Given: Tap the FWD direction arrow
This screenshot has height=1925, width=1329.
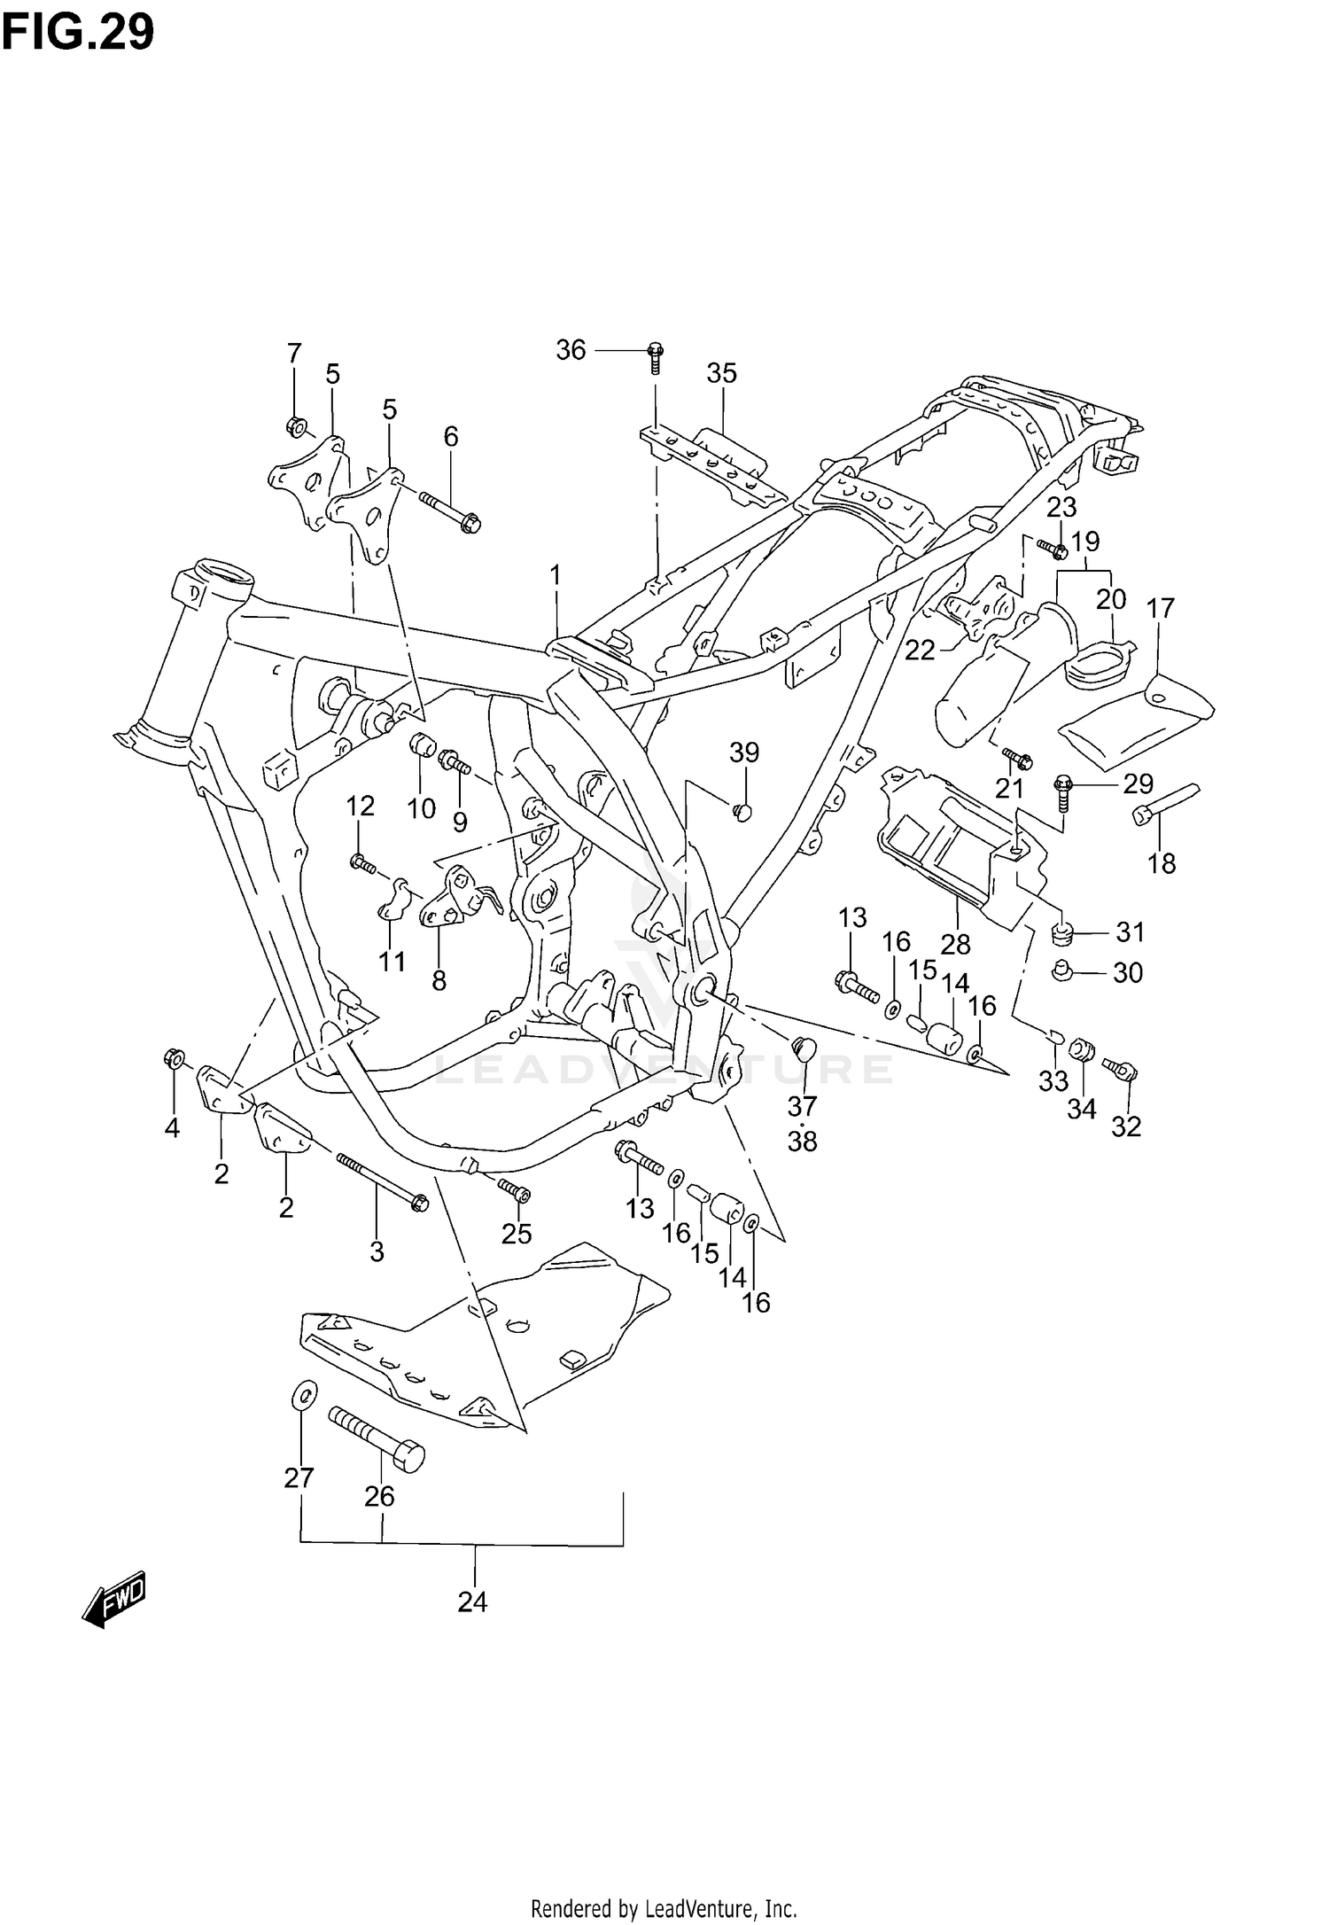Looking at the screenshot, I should point(113,1600).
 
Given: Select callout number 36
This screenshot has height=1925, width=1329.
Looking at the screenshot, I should point(571,350).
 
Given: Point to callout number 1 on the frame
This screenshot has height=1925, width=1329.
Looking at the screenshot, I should point(555,576).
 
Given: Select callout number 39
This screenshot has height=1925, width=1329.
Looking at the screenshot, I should point(744,752).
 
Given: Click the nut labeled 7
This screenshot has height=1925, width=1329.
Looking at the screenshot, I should point(296,428).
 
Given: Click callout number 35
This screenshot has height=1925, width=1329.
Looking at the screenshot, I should point(721,373).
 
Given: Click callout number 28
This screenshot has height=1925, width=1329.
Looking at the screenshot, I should point(956,944).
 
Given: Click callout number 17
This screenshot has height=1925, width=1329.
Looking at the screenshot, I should point(1160,609).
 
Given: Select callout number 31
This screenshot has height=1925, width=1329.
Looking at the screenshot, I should point(1131,932).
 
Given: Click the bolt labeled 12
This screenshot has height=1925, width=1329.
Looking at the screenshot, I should point(364,861).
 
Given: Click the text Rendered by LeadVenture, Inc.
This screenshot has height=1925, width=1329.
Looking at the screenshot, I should point(664,1902).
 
